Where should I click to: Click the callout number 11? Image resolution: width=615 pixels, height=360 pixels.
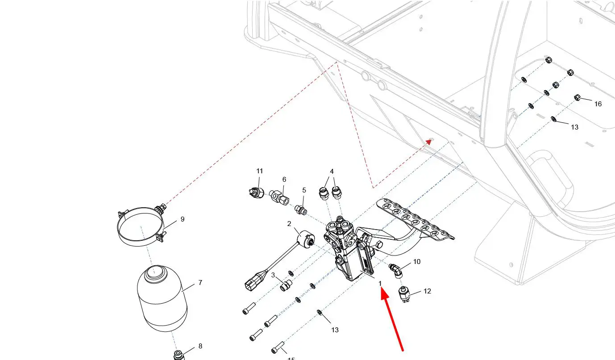coord(260,171)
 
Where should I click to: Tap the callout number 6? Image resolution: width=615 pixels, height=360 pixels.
coord(284,180)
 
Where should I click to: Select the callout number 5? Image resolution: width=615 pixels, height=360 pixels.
coord(304,190)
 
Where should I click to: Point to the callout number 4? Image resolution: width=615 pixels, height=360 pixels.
coord(332,172)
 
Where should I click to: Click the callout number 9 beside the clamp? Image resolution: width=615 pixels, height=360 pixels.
coord(183,219)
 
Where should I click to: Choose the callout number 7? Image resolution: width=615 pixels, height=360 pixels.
coord(200,283)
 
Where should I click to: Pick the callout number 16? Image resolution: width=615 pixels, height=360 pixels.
coord(598,104)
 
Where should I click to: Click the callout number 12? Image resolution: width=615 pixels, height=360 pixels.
coord(427,291)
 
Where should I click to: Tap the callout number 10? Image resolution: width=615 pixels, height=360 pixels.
coord(417,262)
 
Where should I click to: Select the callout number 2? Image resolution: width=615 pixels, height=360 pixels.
coord(289,224)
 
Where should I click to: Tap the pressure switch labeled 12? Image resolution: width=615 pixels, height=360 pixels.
coord(405,295)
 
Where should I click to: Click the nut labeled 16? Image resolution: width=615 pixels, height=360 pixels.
coord(577,97)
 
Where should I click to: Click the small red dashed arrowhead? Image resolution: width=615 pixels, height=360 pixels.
coord(429,141)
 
